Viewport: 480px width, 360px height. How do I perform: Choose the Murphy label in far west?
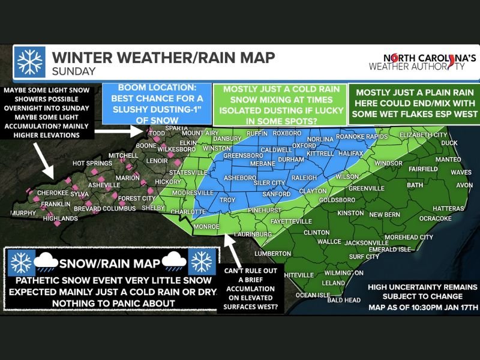point(22,212)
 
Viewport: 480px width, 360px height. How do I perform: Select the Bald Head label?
point(343,299)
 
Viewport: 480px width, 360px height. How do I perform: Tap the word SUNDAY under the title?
point(74,71)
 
